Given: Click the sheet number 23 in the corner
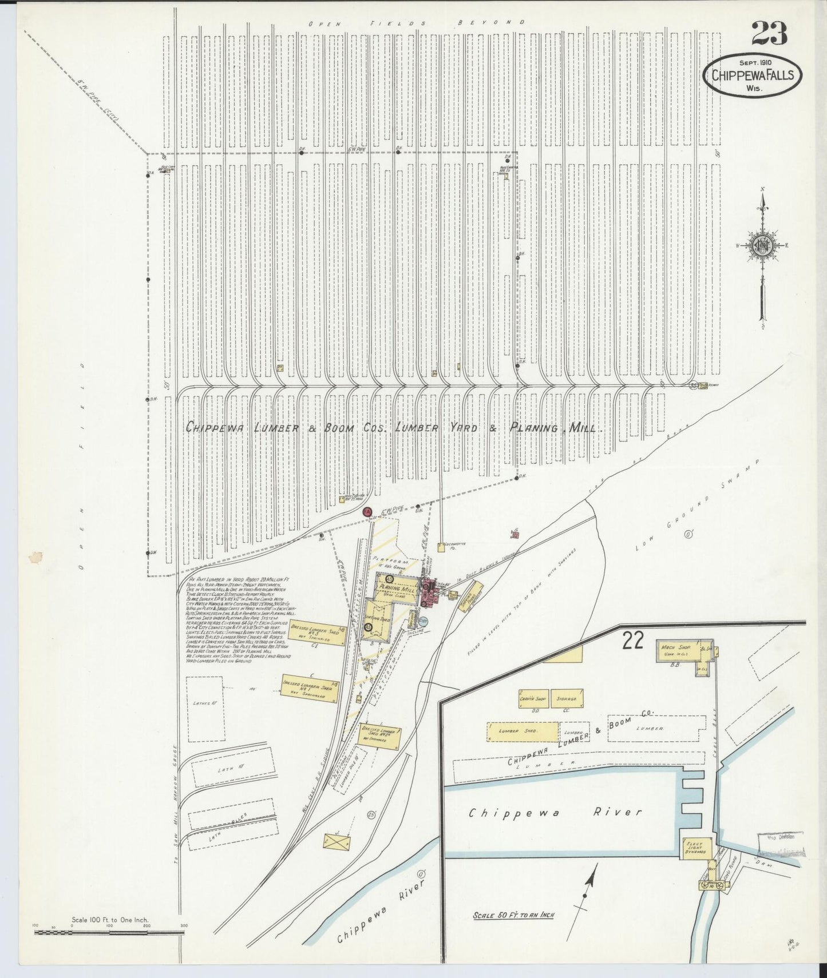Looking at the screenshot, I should pos(769,34).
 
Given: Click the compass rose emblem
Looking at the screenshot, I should pos(763,245).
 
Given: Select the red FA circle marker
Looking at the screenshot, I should pos(368,511).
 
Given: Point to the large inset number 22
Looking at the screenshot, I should pos(633,642).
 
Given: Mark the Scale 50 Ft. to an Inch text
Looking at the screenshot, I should pos(513,915).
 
